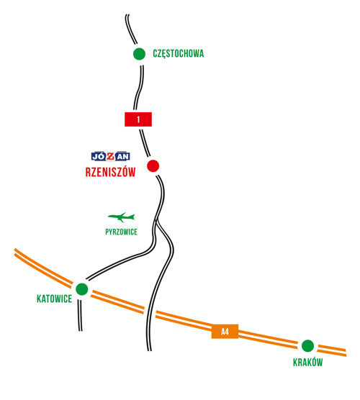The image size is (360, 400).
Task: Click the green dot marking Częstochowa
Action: [x=139, y=54]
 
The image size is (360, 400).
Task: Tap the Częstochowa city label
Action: [x=179, y=54]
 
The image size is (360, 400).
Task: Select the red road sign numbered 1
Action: [x=138, y=119]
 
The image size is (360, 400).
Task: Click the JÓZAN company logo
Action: [x=111, y=156]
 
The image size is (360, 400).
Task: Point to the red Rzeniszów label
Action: [x=110, y=172]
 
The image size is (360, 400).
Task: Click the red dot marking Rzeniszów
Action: [x=153, y=165]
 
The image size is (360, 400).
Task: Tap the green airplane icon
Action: [x=121, y=217]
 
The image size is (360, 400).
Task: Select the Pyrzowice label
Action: [x=121, y=232]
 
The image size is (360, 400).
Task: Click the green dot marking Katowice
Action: [x=82, y=289]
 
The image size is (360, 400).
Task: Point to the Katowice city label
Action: [x=55, y=299]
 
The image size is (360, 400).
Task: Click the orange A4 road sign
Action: [x=225, y=332]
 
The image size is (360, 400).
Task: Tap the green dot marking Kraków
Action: [x=307, y=346]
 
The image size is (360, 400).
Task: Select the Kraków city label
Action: [x=308, y=362]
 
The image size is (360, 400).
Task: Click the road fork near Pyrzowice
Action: [x=156, y=220]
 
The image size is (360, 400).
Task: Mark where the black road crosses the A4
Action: [x=150, y=312]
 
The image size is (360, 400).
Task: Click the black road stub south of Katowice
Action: [x=80, y=316]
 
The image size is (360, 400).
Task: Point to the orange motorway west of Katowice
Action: [x=42, y=267]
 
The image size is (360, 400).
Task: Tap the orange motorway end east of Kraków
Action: [x=346, y=353]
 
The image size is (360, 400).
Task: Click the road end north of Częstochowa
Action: [x=127, y=15]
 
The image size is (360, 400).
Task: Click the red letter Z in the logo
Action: [x=111, y=156]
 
